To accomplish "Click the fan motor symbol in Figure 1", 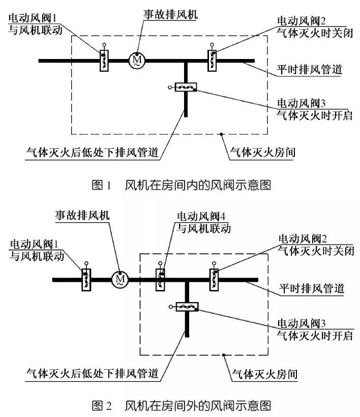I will point(137,61).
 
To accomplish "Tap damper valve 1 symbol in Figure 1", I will point(104,60).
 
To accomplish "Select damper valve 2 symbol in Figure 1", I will point(213,60).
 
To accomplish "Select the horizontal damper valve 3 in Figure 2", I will point(187,306).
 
